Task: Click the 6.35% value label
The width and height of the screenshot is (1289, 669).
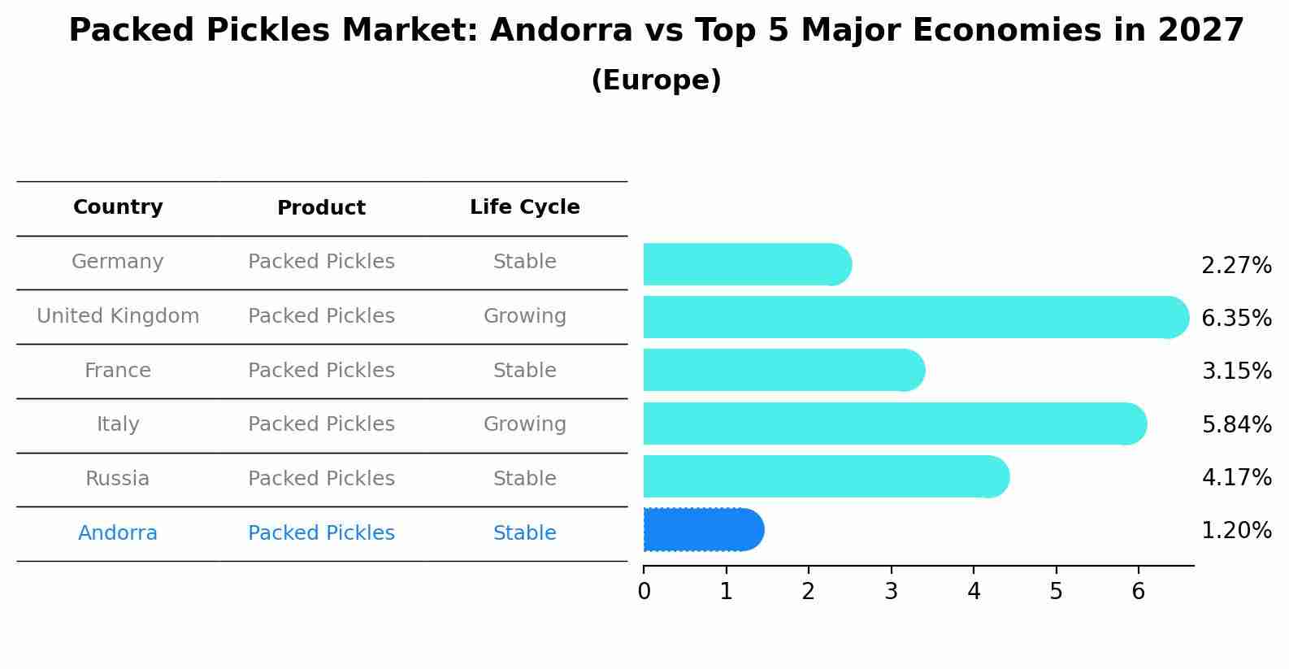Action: (1235, 318)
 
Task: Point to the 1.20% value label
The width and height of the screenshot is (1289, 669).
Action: (1235, 531)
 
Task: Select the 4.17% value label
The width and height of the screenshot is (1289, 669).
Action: (1235, 477)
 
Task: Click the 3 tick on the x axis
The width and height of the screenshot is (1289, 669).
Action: (891, 592)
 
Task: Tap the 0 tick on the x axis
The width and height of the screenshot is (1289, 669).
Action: (644, 592)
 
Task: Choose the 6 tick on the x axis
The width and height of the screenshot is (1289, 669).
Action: (1138, 592)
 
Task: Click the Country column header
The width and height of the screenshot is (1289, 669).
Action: (118, 207)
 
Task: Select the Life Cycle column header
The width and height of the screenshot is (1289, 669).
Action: (524, 207)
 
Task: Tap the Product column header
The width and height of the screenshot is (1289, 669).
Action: (321, 208)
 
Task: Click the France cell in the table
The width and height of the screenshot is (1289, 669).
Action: (118, 371)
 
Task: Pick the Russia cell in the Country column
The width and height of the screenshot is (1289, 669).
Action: (118, 479)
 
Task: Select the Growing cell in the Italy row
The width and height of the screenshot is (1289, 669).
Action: (524, 424)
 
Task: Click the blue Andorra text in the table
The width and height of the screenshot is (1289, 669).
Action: (118, 533)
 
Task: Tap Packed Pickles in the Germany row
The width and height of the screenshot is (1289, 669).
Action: (321, 262)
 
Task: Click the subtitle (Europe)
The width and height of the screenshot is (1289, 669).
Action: (656, 80)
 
